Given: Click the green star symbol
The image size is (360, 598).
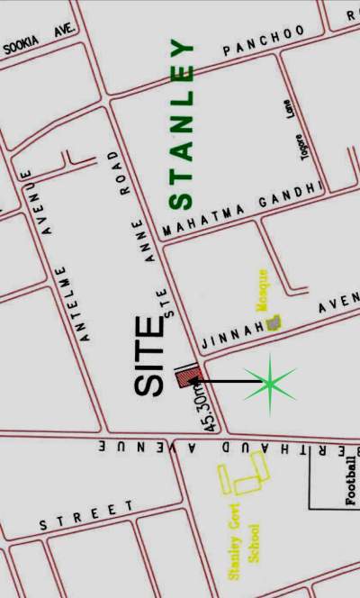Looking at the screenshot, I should [270, 384].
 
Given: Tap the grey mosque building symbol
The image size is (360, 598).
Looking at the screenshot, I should [273, 322].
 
